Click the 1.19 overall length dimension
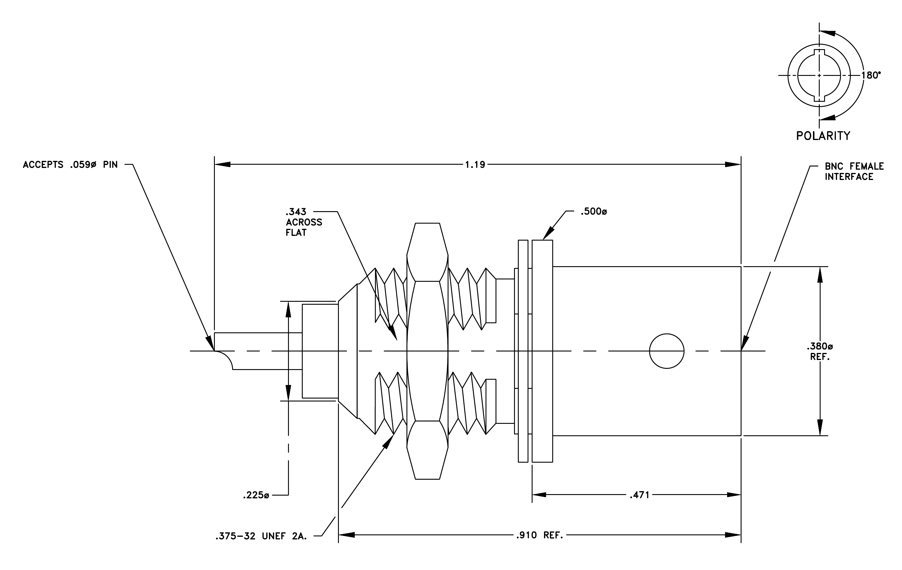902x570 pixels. (x=475, y=164)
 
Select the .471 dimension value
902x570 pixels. (x=640, y=495)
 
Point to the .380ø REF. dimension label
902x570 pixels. (x=820, y=351)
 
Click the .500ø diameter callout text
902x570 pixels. (x=594, y=212)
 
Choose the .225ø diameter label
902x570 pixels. (x=256, y=495)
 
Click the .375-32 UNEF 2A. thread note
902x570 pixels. (x=261, y=536)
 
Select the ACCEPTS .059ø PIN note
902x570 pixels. (x=70, y=164)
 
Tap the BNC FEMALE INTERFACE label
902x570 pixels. (x=854, y=171)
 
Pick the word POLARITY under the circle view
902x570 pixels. (x=823, y=136)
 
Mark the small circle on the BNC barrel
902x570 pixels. (x=667, y=351)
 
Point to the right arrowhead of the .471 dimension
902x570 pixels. (x=733, y=495)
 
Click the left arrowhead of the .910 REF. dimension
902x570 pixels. (x=347, y=535)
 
